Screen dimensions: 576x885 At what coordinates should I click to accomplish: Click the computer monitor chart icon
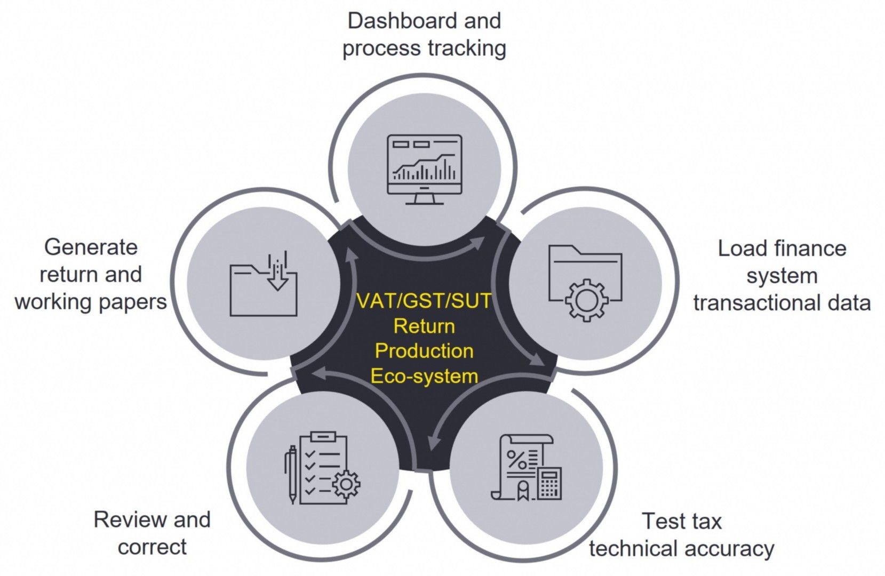point(424,169)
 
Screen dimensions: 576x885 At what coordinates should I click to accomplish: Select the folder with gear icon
point(585,282)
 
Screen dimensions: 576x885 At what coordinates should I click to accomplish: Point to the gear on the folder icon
point(586,300)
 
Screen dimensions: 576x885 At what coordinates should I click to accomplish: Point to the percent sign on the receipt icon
point(516,459)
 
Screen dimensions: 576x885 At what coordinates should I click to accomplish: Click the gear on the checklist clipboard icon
point(346,484)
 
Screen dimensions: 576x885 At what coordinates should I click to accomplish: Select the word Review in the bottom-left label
point(125,519)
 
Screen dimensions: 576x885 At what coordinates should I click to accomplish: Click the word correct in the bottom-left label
point(152,547)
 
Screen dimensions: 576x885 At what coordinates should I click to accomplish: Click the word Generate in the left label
point(91,247)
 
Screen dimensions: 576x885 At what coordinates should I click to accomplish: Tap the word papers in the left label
point(138,302)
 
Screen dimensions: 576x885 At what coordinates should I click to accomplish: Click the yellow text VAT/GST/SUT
point(424,301)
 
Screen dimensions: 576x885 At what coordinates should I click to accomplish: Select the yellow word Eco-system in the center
point(424,377)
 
